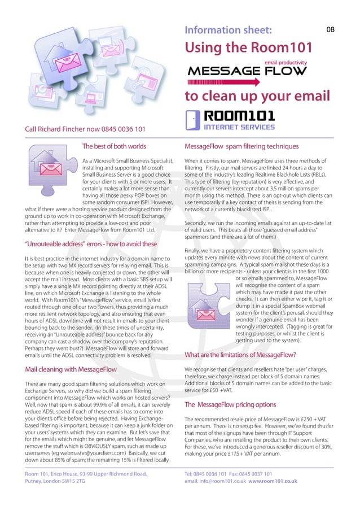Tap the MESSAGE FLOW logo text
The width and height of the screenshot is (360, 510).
tap(247, 71)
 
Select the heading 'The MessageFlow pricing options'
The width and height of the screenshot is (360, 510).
tap(230, 406)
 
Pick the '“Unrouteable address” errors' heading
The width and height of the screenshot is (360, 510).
tap(90, 244)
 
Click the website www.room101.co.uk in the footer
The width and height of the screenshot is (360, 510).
tap(273, 481)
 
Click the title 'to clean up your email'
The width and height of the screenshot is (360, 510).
tap(257, 96)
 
